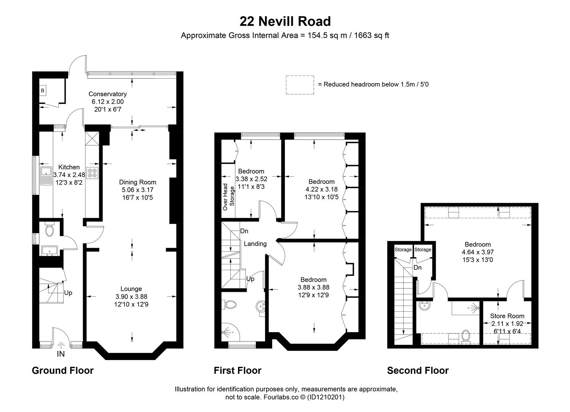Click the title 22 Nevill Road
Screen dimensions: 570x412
click(285, 21)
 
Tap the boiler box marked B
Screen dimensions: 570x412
click(42, 90)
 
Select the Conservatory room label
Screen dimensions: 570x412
click(108, 94)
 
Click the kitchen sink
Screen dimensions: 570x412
click(46, 176)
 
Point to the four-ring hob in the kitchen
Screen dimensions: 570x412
click(92, 173)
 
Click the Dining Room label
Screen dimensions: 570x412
click(138, 182)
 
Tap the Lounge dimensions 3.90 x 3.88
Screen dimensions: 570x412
click(131, 296)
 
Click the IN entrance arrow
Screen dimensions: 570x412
click(61, 345)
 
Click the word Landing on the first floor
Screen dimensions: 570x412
click(255, 244)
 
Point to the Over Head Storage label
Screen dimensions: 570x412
click(228, 197)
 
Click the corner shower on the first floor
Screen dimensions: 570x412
click(230, 332)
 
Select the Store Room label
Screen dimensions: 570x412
click(507, 316)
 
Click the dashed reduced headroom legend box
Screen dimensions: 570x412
click(300, 85)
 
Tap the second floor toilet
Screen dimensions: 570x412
click(466, 336)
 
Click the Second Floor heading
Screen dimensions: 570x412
click(418, 370)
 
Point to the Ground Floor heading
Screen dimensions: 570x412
click(63, 370)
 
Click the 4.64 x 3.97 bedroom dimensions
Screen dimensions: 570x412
click(478, 252)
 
